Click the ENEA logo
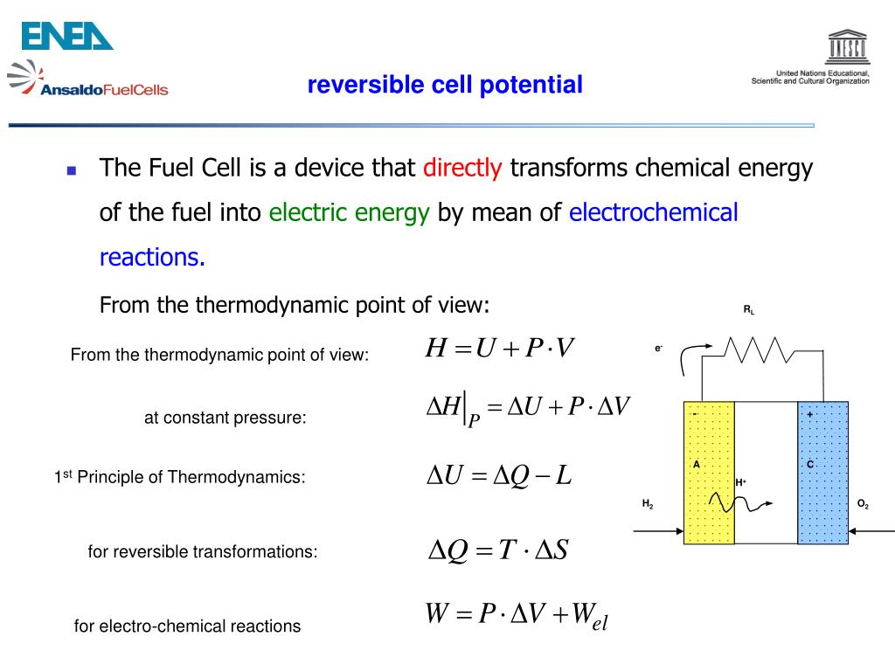[67, 37]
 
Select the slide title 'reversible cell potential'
[444, 85]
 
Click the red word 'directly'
[462, 168]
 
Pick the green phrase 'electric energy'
[350, 212]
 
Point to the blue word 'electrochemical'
[654, 212]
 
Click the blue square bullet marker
[72, 170]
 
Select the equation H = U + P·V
[499, 349]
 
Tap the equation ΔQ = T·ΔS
[497, 550]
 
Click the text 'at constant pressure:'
[225, 419]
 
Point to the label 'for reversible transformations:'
[203, 552]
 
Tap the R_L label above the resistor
[749, 310]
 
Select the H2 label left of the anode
[648, 504]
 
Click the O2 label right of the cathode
[862, 504]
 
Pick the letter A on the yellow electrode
[697, 464]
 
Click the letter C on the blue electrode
[810, 464]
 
